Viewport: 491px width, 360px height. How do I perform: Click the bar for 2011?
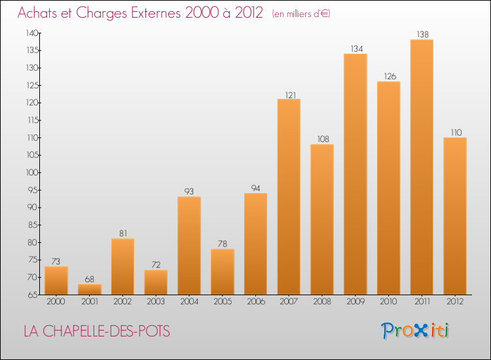point(422,167)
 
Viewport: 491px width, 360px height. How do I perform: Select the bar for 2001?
point(90,289)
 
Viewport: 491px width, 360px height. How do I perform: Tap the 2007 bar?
point(289,196)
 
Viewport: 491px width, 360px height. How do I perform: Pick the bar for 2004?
point(189,245)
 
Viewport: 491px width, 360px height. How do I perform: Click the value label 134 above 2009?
point(355,48)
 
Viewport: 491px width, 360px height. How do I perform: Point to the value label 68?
point(90,278)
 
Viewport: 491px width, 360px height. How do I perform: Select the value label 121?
point(289,94)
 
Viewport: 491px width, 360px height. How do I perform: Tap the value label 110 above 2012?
point(455,132)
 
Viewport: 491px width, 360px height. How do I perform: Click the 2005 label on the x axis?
point(223,301)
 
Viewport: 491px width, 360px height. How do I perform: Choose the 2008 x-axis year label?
point(322,301)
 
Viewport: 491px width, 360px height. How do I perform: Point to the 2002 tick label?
point(122,301)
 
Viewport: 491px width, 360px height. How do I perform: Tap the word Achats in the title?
point(36,13)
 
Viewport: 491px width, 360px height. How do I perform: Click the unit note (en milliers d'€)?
point(300,14)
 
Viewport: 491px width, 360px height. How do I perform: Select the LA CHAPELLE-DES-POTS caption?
point(96,332)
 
